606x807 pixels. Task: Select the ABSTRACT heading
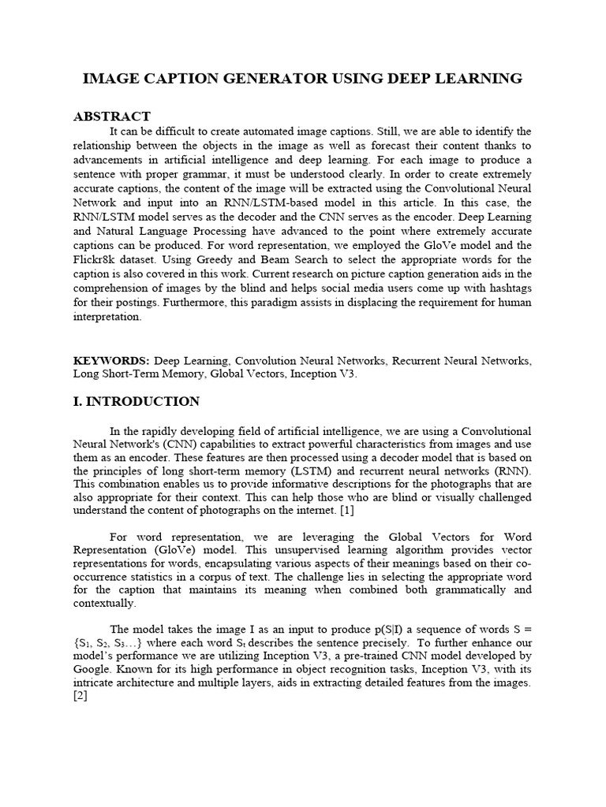tap(111, 116)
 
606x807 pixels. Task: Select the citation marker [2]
tap(80, 697)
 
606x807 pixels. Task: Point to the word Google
tap(92, 669)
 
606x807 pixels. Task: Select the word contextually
tap(104, 604)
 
